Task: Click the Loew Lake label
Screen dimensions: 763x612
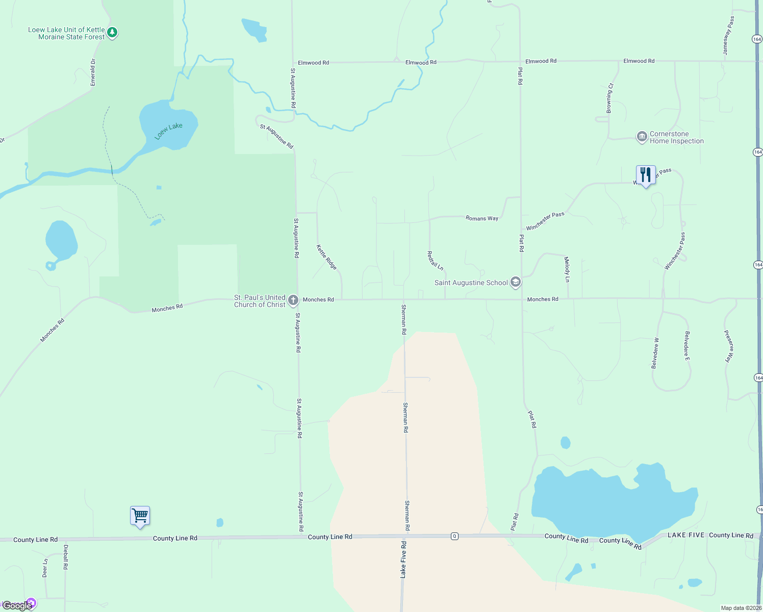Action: pyautogui.click(x=169, y=131)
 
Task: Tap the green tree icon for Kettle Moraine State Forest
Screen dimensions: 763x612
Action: pyautogui.click(x=113, y=33)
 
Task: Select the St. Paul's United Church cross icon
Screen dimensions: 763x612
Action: pyautogui.click(x=293, y=300)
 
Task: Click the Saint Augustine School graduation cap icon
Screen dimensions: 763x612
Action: pyautogui.click(x=516, y=282)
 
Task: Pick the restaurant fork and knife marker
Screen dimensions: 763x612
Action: pyautogui.click(x=646, y=175)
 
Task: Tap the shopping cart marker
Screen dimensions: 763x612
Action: pyautogui.click(x=140, y=516)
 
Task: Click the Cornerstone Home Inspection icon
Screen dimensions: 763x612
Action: pyautogui.click(x=642, y=137)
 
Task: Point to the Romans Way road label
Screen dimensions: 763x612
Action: pyautogui.click(x=482, y=218)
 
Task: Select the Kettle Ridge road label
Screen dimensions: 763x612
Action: pyautogui.click(x=326, y=257)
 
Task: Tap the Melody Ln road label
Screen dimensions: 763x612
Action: pyautogui.click(x=567, y=269)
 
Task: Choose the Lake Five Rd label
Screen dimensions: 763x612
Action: pyautogui.click(x=403, y=560)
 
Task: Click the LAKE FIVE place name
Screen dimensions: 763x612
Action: pyautogui.click(x=686, y=535)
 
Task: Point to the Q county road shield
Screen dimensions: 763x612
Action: pyautogui.click(x=454, y=536)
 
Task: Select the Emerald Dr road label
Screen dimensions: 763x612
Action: pyautogui.click(x=93, y=72)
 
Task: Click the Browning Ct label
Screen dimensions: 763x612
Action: pyautogui.click(x=609, y=98)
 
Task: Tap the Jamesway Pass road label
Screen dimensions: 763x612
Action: pyautogui.click(x=728, y=36)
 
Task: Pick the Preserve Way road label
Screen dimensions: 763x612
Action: pyautogui.click(x=729, y=346)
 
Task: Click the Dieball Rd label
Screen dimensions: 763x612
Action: pyautogui.click(x=65, y=557)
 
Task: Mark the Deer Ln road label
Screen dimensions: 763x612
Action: pyautogui.click(x=45, y=568)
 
